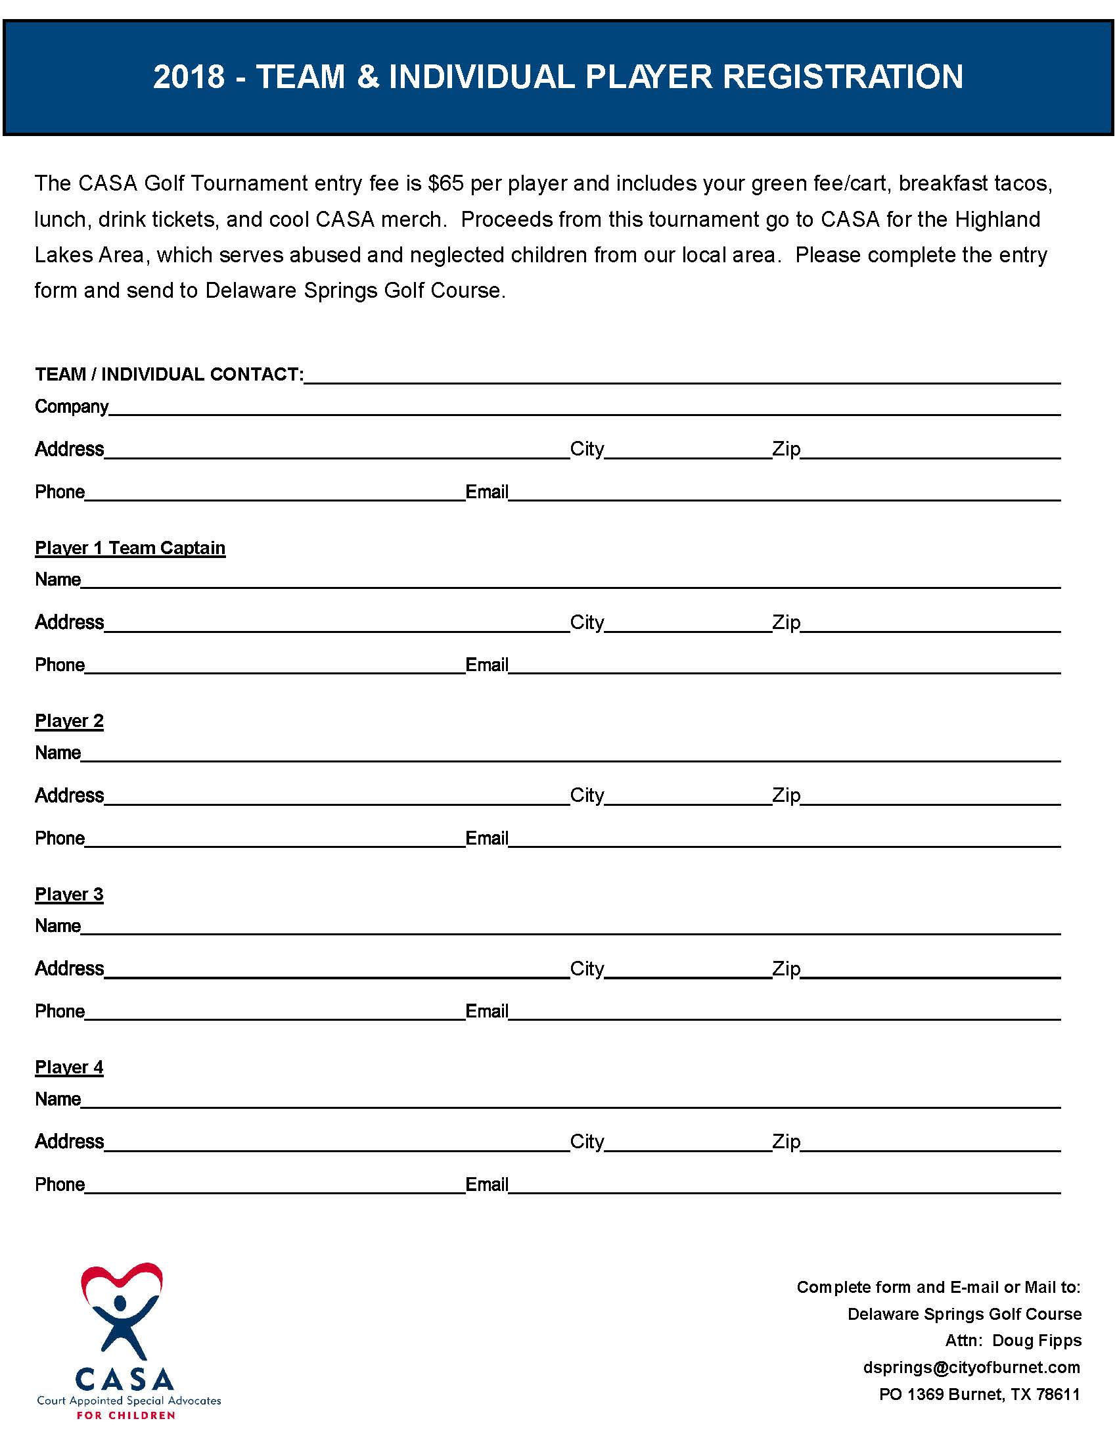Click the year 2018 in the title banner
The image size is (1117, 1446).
189,77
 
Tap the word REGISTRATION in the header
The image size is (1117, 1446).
842,77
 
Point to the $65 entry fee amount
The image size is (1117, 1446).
445,183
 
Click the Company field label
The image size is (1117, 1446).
72,406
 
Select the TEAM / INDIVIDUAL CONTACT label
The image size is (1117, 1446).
170,375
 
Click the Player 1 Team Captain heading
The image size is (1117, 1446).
130,548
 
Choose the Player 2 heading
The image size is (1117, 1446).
70,721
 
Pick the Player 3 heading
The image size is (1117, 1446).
70,895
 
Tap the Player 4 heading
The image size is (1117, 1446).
70,1067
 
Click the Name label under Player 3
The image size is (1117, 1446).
58,925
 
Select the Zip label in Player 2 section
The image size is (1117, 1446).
786,795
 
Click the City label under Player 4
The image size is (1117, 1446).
587,1142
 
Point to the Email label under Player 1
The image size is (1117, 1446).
487,665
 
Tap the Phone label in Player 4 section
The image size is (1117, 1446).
60,1184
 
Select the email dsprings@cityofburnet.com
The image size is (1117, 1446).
971,1367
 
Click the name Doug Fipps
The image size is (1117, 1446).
1037,1340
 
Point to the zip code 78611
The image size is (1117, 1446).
1058,1394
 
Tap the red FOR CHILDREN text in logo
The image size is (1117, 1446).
125,1415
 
